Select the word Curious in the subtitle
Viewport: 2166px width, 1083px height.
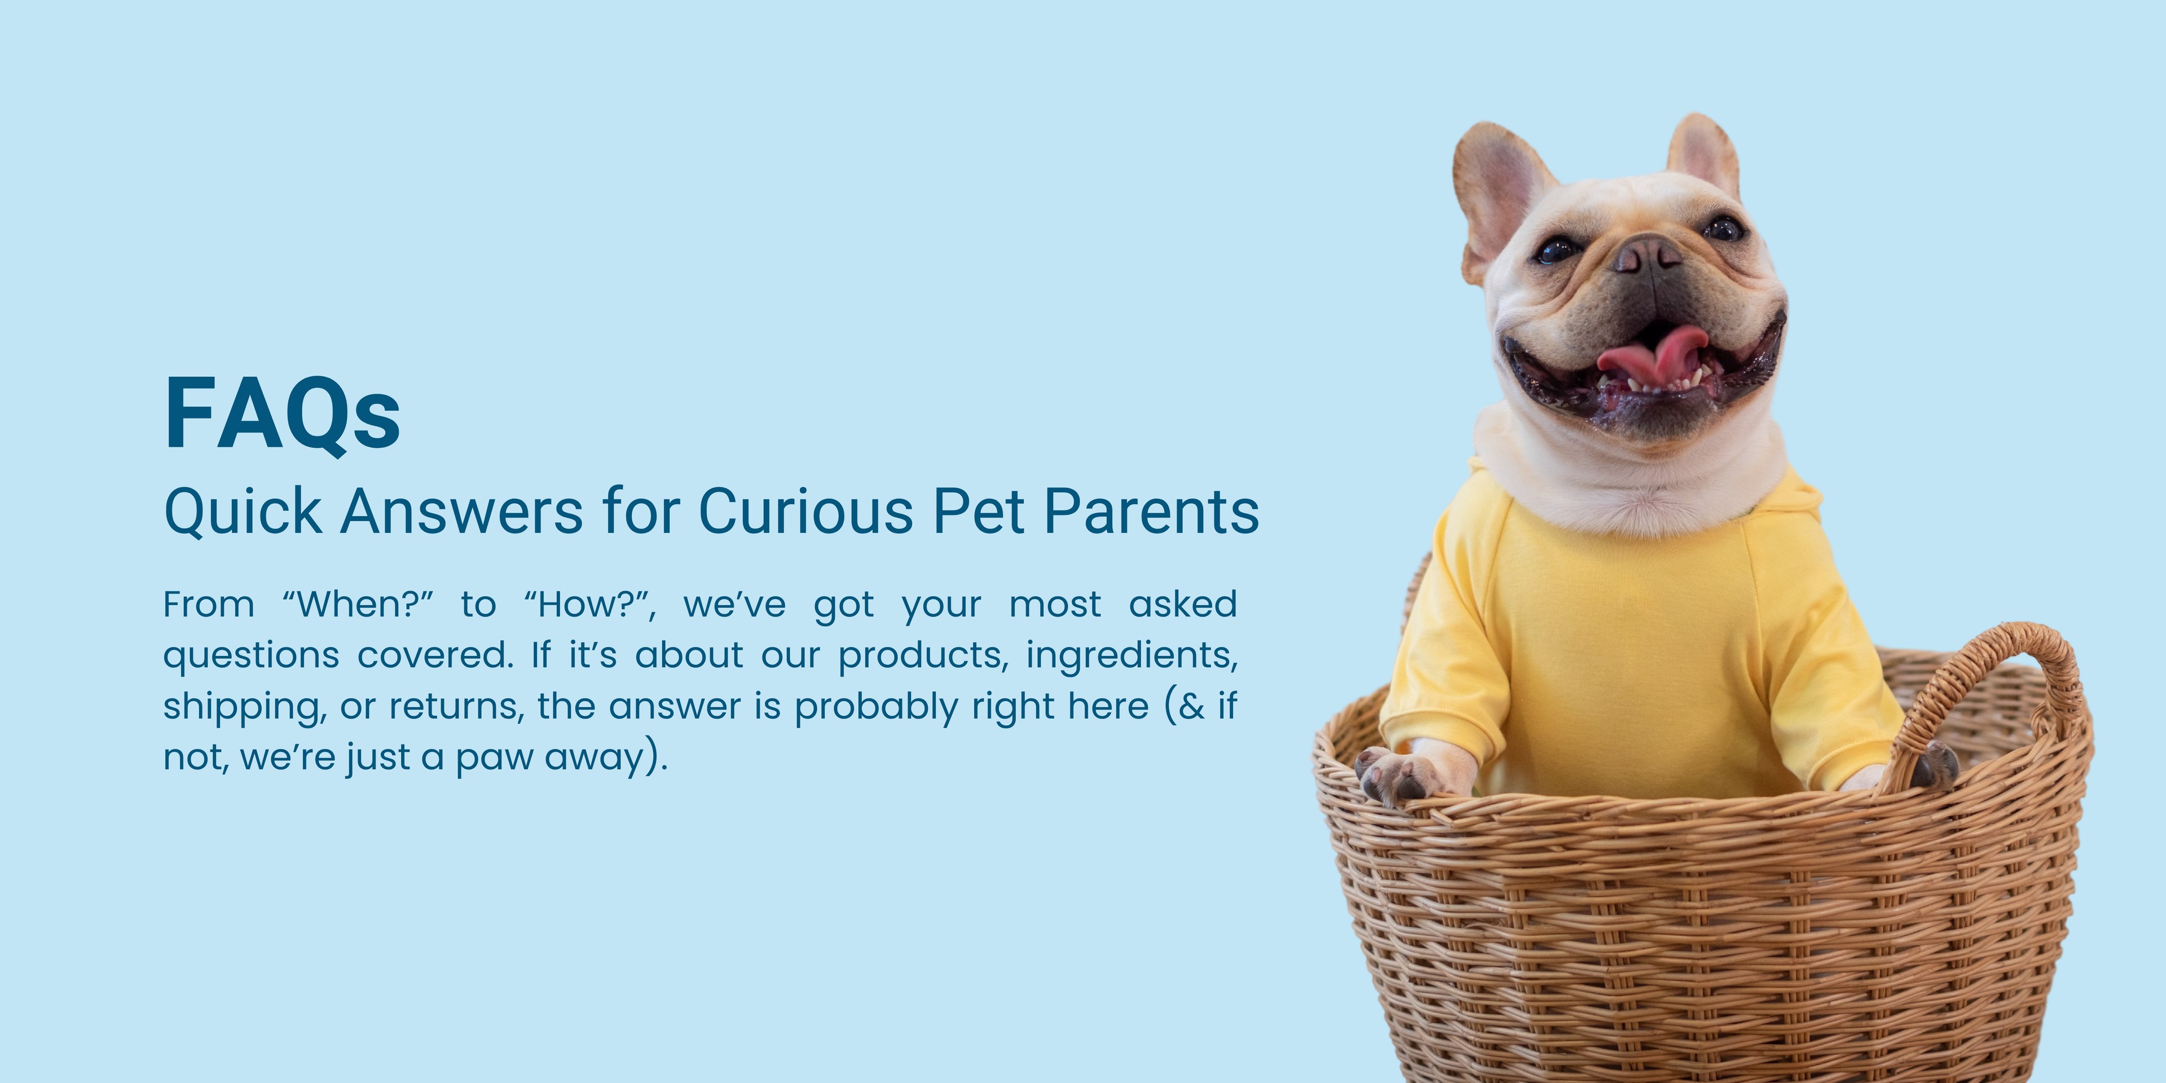tap(805, 510)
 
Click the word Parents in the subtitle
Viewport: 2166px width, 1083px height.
tap(1151, 510)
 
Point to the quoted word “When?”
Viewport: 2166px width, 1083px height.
tap(358, 604)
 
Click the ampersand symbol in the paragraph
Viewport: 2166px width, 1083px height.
tap(1192, 706)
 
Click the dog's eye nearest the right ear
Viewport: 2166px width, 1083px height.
tap(1724, 228)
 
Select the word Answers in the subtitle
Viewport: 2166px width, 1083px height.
tap(461, 510)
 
